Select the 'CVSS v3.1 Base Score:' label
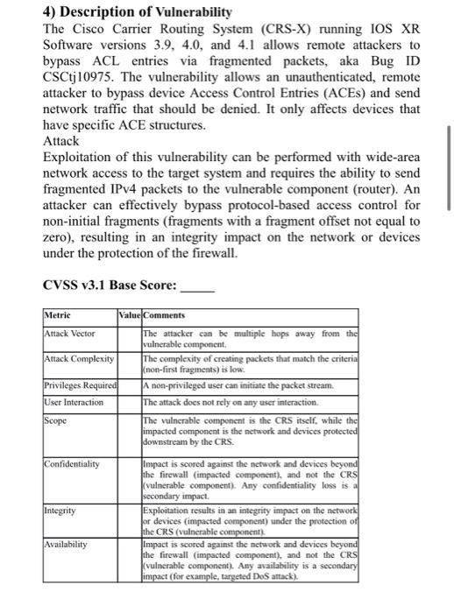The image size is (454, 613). tap(110, 285)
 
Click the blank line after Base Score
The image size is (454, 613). tap(195, 286)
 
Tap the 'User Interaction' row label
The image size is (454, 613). tap(74, 402)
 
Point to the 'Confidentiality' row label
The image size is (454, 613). tap(73, 463)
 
